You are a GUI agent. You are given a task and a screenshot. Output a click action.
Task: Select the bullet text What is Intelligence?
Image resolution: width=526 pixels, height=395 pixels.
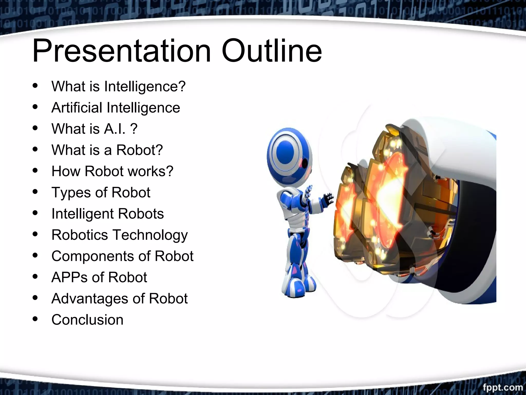coord(118,86)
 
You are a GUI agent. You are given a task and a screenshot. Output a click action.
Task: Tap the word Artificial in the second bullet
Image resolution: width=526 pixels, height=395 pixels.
coord(77,107)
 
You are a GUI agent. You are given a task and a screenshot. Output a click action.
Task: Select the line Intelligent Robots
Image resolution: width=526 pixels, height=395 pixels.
coord(107,214)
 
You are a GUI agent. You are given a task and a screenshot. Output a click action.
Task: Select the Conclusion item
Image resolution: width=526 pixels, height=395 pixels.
coord(87,320)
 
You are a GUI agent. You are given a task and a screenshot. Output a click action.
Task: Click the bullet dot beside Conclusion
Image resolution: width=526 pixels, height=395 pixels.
coord(35,319)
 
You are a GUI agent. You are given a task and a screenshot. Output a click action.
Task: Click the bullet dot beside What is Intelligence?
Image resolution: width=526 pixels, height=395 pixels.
coord(35,86)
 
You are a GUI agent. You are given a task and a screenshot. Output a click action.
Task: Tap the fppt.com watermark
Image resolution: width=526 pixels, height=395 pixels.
coord(502,387)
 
